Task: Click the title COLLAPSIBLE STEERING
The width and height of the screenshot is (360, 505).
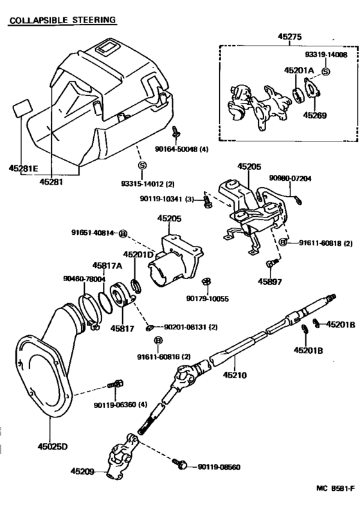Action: click(62, 20)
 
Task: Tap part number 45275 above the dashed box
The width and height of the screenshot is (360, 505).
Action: click(289, 37)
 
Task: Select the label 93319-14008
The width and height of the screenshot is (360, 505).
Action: click(326, 55)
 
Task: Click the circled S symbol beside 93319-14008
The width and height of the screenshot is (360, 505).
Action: click(326, 71)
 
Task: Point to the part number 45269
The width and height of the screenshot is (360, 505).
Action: click(314, 115)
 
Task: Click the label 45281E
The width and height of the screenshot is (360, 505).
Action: click(23, 168)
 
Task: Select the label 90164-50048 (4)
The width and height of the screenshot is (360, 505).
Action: click(181, 149)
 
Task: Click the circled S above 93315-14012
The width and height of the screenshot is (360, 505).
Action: click(142, 165)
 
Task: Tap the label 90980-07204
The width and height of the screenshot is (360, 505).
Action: click(290, 178)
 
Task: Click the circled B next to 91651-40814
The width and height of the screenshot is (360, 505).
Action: click(123, 234)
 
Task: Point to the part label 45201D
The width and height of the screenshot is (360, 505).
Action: click(138, 255)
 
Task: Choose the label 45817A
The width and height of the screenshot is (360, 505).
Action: click(107, 266)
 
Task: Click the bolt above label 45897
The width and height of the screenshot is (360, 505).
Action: click(271, 263)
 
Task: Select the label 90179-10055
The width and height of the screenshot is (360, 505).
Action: click(208, 298)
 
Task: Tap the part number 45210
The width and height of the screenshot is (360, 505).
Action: click(235, 375)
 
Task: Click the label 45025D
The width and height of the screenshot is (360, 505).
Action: click(53, 446)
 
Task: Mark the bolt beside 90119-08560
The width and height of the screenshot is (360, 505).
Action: click(180, 464)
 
